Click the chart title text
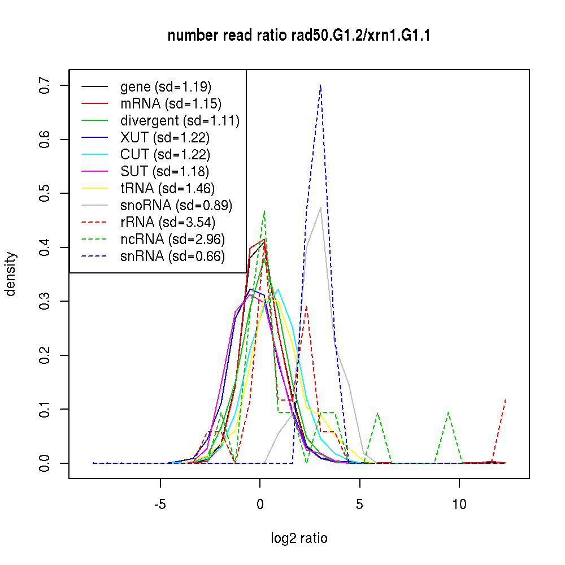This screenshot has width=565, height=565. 299,36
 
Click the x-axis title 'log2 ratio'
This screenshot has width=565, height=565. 299,538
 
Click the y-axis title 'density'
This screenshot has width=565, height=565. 11,274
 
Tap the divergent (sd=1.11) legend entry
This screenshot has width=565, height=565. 180,120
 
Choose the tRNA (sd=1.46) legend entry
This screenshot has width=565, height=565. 167,188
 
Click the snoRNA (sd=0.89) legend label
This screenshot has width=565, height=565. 176,205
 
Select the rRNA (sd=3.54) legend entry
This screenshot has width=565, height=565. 168,222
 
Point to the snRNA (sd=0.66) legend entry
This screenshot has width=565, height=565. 172,256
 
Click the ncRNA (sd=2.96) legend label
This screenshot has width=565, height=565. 173,239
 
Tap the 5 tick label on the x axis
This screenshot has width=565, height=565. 359,504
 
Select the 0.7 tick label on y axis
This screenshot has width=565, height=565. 45,85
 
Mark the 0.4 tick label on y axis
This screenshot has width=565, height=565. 45,247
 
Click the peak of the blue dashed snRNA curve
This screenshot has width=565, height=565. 320,85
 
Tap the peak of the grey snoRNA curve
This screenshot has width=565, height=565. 320,207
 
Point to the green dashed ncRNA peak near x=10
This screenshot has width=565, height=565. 448,413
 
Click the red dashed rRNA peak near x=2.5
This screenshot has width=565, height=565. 306,307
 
